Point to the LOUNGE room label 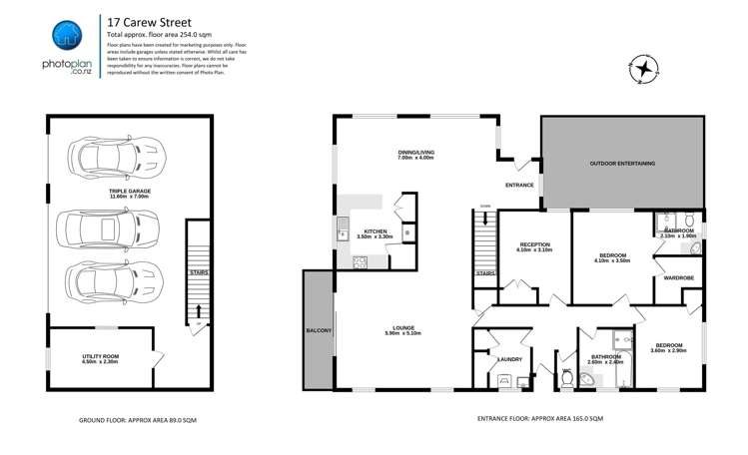403,329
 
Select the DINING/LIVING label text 415,153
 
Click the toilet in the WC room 568,377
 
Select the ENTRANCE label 519,185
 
